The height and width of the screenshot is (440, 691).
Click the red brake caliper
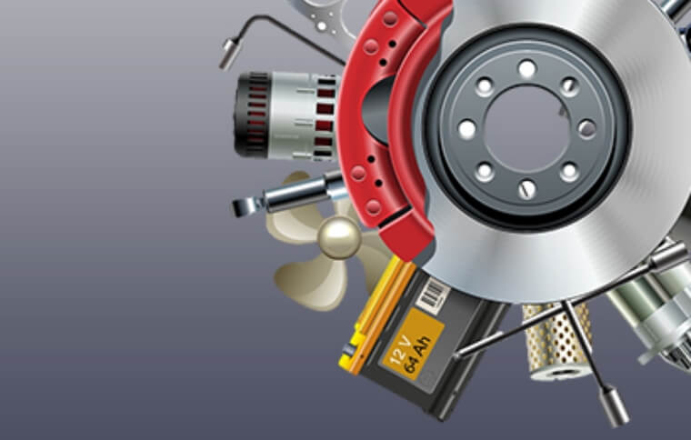[386, 118]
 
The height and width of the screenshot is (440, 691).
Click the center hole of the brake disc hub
[526, 127]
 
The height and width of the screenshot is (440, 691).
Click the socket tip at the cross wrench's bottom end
[616, 408]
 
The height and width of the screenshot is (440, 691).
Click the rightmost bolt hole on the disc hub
[587, 128]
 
